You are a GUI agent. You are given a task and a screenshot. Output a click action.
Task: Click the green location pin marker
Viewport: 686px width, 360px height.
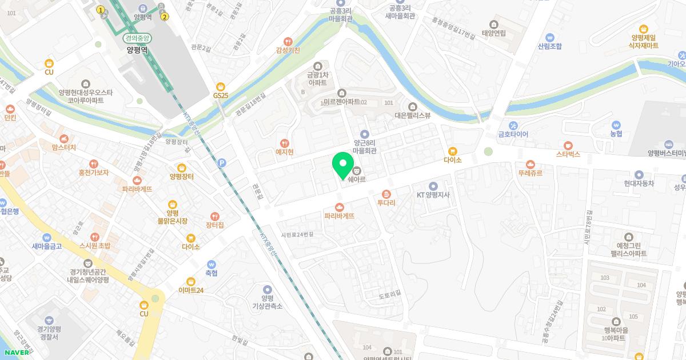[x=343, y=166]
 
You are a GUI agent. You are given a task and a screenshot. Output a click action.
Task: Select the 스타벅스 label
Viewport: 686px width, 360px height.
[x=568, y=154]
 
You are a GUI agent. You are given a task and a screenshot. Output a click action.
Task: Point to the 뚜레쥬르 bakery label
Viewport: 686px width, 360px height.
[x=530, y=172]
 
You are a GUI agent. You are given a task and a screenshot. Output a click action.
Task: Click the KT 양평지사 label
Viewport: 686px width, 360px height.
[x=433, y=194]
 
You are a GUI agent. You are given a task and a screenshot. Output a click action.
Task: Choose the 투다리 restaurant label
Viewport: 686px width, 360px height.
[x=386, y=202]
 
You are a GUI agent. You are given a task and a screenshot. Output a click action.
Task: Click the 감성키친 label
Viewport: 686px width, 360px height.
[x=288, y=50]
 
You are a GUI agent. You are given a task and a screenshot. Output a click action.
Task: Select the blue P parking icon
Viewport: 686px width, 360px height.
[x=222, y=163]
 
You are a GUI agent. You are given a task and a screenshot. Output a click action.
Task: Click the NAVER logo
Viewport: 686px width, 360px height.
[x=17, y=353]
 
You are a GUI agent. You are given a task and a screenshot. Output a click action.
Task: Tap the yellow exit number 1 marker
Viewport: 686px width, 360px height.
[x=101, y=10]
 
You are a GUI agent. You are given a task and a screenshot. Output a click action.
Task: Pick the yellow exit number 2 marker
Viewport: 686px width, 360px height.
[x=165, y=17]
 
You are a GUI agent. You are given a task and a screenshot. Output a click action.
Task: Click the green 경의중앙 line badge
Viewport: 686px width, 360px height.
[x=137, y=38]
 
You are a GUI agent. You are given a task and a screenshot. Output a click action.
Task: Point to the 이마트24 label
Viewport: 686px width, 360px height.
[x=191, y=290]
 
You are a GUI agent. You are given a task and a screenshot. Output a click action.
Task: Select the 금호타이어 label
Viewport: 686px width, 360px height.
[x=513, y=134]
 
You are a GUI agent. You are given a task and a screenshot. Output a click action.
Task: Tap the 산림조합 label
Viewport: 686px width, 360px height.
[x=549, y=46]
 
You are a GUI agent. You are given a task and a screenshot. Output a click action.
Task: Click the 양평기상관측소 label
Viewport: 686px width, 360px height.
[x=267, y=302]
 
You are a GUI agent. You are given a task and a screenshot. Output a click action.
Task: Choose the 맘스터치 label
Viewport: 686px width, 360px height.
[x=63, y=147]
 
